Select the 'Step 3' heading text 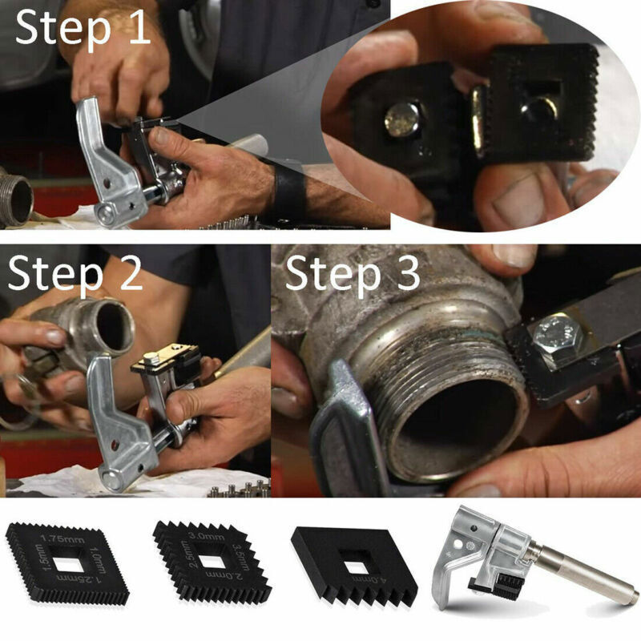tap(353, 274)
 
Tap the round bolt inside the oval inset tap(401, 121)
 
